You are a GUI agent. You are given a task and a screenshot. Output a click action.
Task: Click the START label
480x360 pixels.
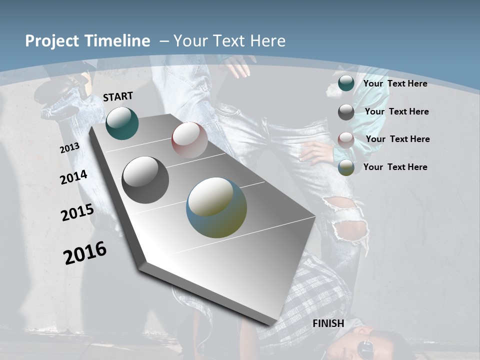pyautogui.click(x=118, y=96)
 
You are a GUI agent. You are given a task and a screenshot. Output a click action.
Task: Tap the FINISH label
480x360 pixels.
pyautogui.click(x=328, y=323)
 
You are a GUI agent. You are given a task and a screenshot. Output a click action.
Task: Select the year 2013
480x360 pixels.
pyautogui.click(x=69, y=148)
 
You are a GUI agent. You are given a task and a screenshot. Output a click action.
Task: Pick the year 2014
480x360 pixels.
pyautogui.click(x=74, y=177)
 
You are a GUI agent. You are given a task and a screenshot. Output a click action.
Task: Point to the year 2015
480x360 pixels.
pyautogui.click(x=77, y=212)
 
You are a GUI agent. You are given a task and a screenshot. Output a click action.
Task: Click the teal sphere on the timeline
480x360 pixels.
pyautogui.click(x=122, y=123)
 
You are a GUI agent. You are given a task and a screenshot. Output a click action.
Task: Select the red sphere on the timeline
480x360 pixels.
pyautogui.click(x=189, y=140)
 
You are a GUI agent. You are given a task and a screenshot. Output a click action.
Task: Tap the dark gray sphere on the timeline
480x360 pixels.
pyautogui.click(x=145, y=180)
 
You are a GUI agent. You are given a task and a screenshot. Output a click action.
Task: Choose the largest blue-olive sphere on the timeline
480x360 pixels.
pyautogui.click(x=216, y=207)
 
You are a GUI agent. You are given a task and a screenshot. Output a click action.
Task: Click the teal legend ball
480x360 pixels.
pyautogui.click(x=346, y=83)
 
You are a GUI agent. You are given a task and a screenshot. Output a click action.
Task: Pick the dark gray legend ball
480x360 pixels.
pyautogui.click(x=346, y=112)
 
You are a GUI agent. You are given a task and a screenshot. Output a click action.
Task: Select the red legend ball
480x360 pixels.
pyautogui.click(x=346, y=139)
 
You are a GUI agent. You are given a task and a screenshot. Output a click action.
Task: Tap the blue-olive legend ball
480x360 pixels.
pyautogui.click(x=346, y=167)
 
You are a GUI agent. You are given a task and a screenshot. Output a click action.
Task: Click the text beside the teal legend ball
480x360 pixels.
pyautogui.click(x=395, y=83)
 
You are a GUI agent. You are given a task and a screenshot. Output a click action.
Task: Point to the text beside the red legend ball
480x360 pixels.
pyautogui.click(x=397, y=139)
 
